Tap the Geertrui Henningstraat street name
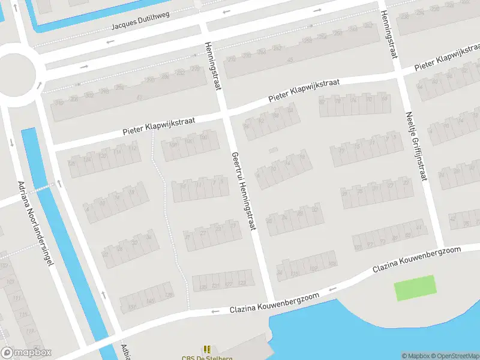pyautogui.click(x=242, y=191)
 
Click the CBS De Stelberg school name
pyautogui.click(x=207, y=358)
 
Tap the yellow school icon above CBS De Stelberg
pyautogui.click(x=207, y=349)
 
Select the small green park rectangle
pyautogui.click(x=415, y=288)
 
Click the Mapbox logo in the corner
pyautogui.click(x=26, y=352)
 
